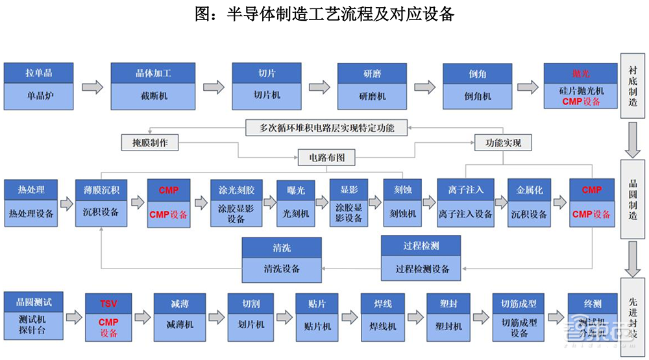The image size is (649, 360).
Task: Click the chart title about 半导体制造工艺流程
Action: click(x=324, y=14)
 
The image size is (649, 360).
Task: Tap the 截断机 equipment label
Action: click(x=153, y=95)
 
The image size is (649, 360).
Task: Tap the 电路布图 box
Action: click(x=326, y=157)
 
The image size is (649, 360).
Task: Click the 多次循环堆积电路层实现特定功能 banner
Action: click(x=322, y=127)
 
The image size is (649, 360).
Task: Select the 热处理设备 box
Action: click(x=31, y=212)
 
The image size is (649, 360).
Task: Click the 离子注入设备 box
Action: click(x=465, y=213)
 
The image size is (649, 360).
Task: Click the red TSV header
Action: click(x=108, y=303)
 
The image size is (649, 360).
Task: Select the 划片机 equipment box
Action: click(x=251, y=325)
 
